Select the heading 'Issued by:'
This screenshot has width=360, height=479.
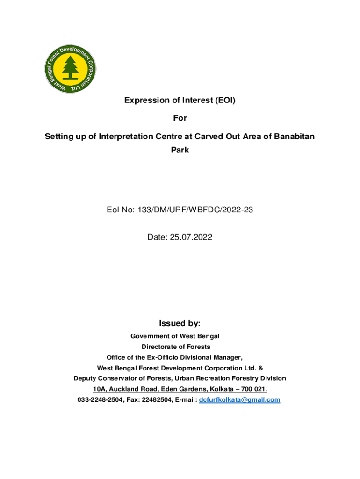pyautogui.click(x=180, y=323)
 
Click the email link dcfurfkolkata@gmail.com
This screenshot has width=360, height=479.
pyautogui.click(x=239, y=400)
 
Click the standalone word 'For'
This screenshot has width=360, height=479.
pyautogui.click(x=180, y=118)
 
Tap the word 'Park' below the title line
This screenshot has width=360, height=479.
pyautogui.click(x=180, y=151)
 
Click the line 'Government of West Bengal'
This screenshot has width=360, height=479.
pyautogui.click(x=175, y=336)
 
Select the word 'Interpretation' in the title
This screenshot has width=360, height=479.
pyautogui.click(x=122, y=137)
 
